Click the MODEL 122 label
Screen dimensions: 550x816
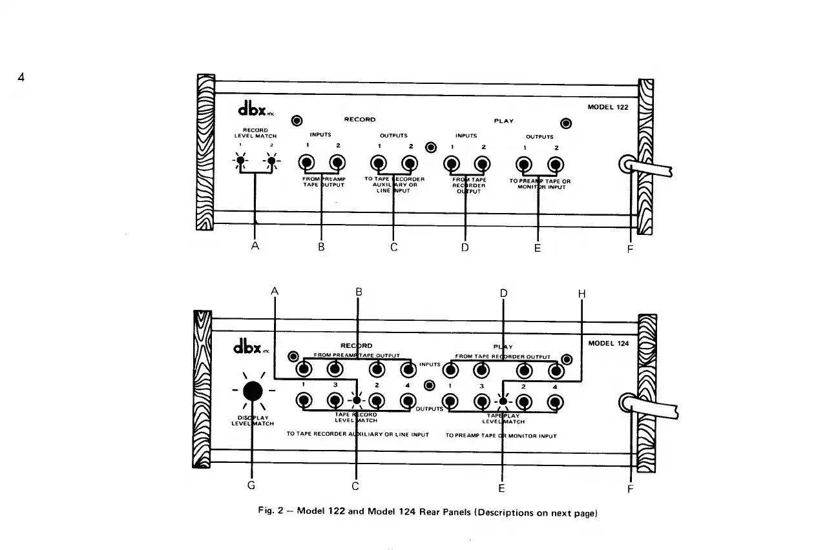pyautogui.click(x=607, y=108)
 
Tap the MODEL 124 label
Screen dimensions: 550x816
pyautogui.click(x=608, y=343)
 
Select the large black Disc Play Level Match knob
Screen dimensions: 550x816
pyautogui.click(x=252, y=391)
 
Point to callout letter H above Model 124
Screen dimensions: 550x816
pyautogui.click(x=581, y=294)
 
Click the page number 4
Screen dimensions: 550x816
pyautogui.click(x=21, y=78)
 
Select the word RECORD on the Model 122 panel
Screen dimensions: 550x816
pyautogui.click(x=360, y=119)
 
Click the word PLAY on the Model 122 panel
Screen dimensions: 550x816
pyautogui.click(x=504, y=121)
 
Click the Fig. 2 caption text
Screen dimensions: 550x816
pyautogui.click(x=426, y=513)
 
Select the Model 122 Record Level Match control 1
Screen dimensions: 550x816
pyautogui.click(x=240, y=161)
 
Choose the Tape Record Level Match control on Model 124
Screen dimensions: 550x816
pyautogui.click(x=357, y=400)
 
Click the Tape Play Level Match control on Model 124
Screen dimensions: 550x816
pyautogui.click(x=503, y=401)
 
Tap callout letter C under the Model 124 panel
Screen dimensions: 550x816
pyautogui.click(x=355, y=485)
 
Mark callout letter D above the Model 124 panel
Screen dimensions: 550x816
pyautogui.click(x=503, y=294)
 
